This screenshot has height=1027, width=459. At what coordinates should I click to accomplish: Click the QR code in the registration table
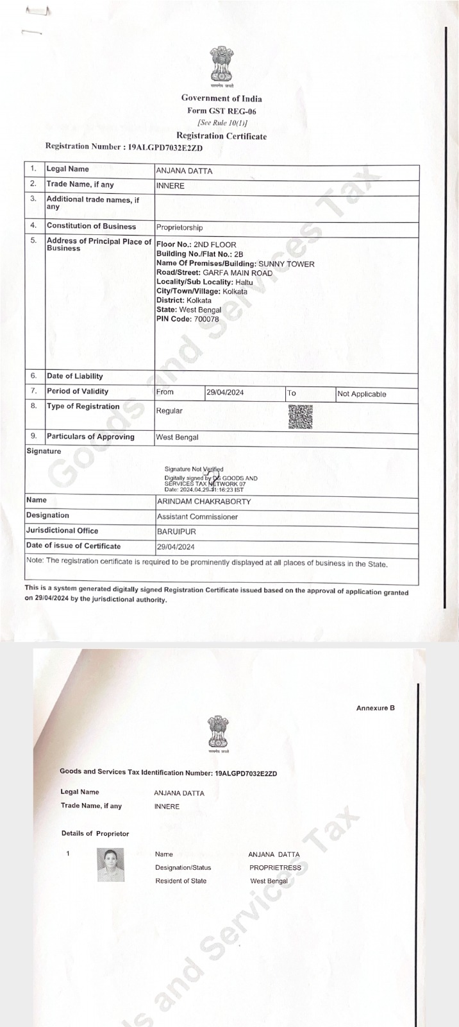coord(301,417)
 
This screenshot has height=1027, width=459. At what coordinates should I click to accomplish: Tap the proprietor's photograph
coord(110,865)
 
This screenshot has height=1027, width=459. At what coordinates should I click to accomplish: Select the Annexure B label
coord(375,708)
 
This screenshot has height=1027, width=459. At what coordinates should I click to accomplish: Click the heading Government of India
coord(221,98)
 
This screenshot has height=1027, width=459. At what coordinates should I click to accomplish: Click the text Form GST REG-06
coord(221,110)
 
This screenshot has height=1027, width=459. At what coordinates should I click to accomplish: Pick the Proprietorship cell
coord(179,227)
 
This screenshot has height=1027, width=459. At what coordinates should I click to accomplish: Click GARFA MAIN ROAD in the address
coord(237,273)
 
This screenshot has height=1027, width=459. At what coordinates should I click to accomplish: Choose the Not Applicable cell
coord(362,394)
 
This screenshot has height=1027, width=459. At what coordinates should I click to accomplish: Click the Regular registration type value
coord(169,411)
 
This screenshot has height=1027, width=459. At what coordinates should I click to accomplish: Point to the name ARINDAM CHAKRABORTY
coord(204,501)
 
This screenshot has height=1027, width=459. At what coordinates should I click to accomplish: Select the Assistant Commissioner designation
coord(197,517)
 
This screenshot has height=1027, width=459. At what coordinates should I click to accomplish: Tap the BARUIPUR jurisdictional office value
coord(177,532)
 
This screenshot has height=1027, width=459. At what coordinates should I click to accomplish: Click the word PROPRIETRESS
coord(275,867)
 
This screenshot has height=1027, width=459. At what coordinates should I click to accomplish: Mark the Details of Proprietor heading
coord(95,833)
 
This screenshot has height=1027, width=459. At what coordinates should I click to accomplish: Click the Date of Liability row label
coord(74,376)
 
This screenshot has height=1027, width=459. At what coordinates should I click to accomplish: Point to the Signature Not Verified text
coord(194,469)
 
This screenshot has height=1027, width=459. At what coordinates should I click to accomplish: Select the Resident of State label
coord(181,881)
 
